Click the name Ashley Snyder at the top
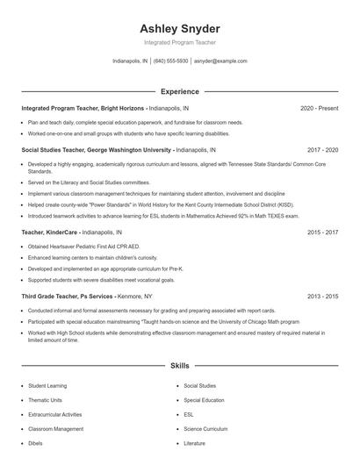179,28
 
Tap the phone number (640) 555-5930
170,61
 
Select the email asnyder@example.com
220,61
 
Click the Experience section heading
179,91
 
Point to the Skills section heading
179,364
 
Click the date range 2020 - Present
319,109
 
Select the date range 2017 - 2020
322,150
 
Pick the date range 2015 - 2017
322,232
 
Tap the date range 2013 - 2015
322,297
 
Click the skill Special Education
204,400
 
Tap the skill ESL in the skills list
189,414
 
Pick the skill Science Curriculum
205,429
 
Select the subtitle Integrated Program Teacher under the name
179,42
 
